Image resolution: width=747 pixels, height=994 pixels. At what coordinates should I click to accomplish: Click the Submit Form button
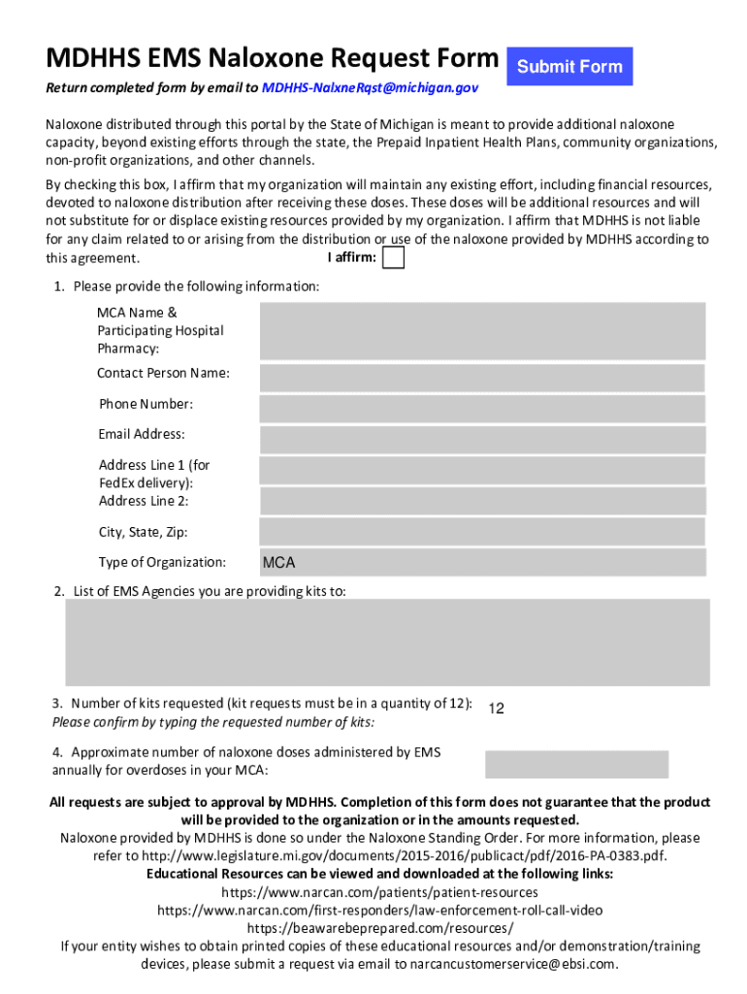click(x=569, y=67)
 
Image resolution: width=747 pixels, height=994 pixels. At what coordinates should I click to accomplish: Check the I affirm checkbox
click(x=393, y=258)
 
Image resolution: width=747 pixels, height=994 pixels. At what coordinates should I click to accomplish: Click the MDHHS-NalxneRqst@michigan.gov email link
click(x=370, y=88)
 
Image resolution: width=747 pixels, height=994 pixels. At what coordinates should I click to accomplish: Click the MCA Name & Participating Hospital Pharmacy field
click(x=482, y=331)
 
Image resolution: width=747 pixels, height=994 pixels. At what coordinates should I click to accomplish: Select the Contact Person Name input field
click(x=482, y=378)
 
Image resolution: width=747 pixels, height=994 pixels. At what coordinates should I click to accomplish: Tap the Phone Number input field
click(x=482, y=409)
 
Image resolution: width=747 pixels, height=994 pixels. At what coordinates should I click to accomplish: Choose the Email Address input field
click(x=482, y=440)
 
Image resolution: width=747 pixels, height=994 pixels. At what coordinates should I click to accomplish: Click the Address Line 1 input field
click(x=482, y=471)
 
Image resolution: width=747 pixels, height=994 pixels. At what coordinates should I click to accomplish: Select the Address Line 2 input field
click(x=482, y=501)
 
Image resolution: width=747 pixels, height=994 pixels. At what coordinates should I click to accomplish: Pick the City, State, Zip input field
click(x=482, y=532)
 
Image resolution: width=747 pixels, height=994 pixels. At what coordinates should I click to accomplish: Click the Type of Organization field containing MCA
click(x=482, y=563)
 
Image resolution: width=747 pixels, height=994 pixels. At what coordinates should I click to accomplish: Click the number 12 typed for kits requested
click(x=496, y=710)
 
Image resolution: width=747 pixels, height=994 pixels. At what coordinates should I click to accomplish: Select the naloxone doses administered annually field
click(x=576, y=764)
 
